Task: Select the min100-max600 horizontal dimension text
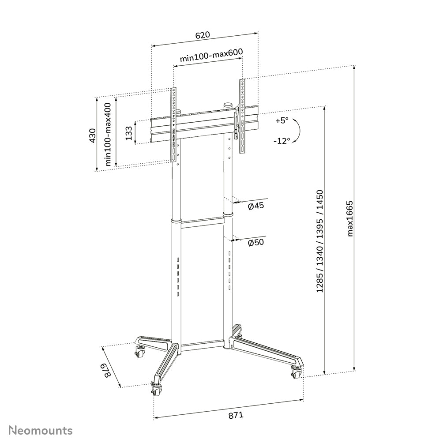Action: (211, 57)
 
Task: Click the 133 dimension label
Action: (128, 133)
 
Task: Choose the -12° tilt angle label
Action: (282, 141)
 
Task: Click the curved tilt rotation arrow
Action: (298, 131)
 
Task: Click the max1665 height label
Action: (350, 218)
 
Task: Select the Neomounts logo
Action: (41, 430)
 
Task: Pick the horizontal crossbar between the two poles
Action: (203, 224)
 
